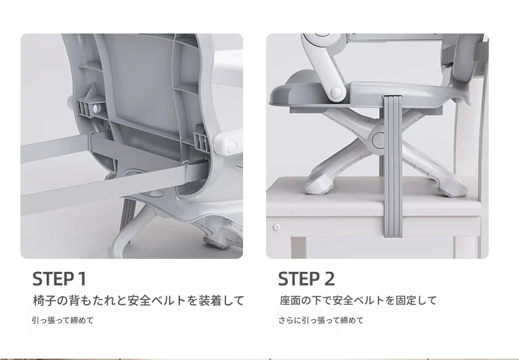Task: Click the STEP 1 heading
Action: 59,279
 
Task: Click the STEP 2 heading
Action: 306,279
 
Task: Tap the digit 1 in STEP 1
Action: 82,279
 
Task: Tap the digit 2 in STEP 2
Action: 329,279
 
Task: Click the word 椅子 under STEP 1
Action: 44,300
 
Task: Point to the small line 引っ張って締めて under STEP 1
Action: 63,321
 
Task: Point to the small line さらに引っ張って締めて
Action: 321,321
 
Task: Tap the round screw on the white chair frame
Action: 277,227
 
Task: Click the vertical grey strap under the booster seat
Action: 393,166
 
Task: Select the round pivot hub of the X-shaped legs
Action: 378,139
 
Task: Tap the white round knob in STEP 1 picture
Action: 232,145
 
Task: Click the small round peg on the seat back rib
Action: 96,108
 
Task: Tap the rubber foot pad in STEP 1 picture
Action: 214,242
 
